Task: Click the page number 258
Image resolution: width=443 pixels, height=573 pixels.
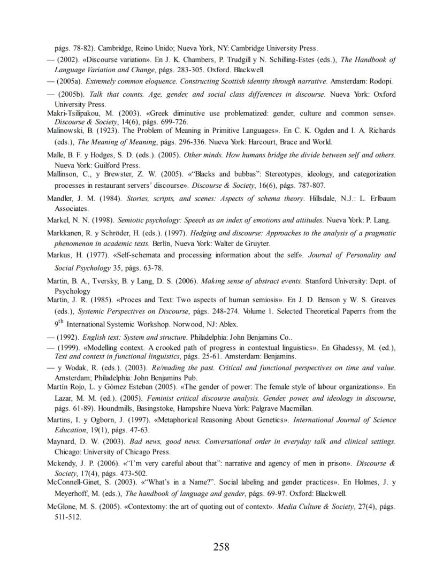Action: (222, 546)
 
